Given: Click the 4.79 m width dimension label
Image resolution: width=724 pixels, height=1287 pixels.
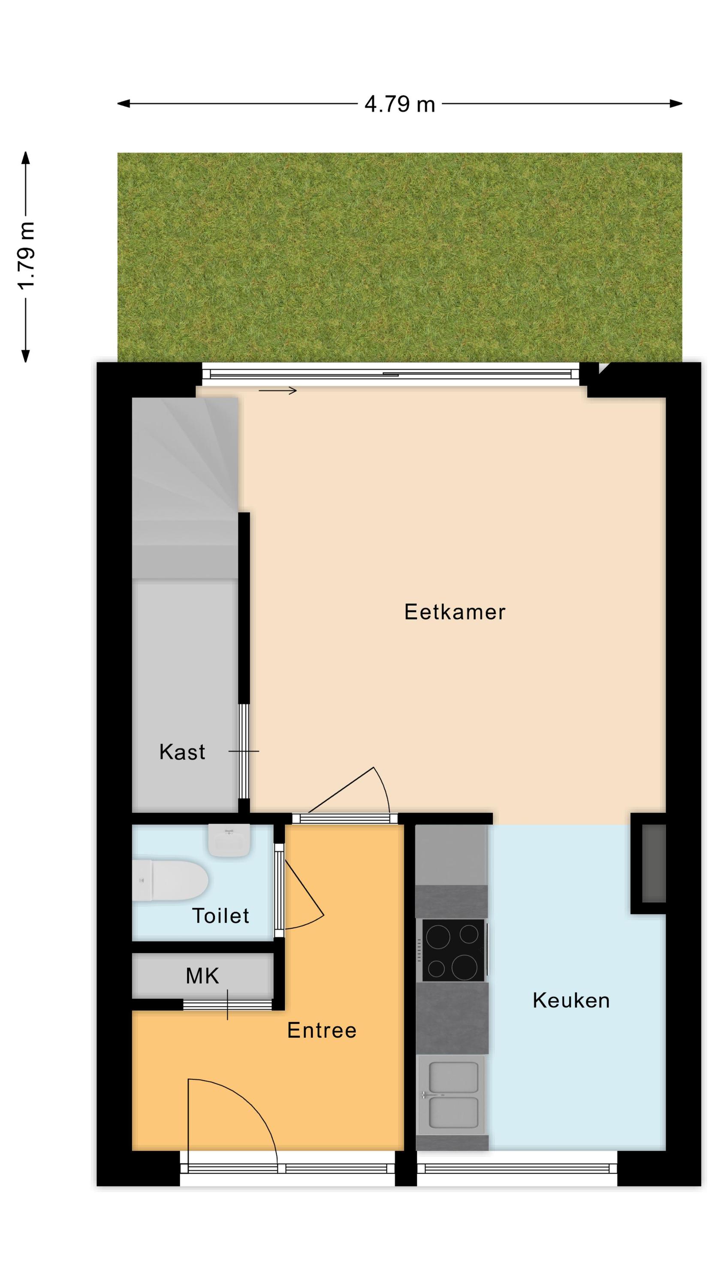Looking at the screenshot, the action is [400, 104].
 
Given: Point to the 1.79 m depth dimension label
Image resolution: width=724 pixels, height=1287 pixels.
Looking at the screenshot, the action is [26, 255].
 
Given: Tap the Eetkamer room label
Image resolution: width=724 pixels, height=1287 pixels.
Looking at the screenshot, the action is [455, 612].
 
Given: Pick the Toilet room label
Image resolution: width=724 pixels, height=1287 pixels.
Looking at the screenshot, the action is [220, 916].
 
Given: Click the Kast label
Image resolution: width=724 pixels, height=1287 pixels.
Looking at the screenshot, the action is [182, 752].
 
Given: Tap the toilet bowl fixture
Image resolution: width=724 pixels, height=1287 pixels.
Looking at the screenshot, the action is [170, 880].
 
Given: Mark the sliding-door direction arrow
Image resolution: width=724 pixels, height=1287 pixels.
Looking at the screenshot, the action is [278, 391].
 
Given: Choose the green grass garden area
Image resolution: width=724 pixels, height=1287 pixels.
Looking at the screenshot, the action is [400, 257].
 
